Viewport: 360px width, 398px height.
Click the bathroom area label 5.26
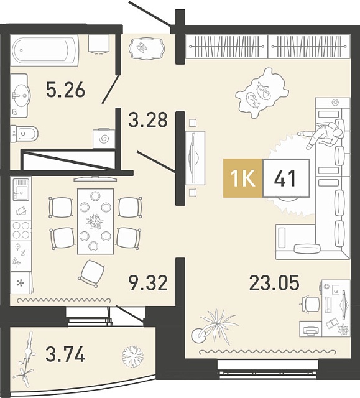65,90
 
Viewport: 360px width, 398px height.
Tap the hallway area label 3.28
148,119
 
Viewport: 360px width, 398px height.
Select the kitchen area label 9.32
148,284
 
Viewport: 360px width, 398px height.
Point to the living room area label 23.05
274,283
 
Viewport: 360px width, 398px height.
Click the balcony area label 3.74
65,355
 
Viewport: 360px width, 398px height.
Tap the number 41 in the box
285,178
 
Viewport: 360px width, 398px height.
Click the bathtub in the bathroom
45,50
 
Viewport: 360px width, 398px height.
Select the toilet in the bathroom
24,132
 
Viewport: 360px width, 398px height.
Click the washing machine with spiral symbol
104,139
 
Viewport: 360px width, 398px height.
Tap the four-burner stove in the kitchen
21,230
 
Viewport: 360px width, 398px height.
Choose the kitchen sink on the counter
21,189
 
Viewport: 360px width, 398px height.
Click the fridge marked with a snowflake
21,283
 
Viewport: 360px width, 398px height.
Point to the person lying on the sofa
321,134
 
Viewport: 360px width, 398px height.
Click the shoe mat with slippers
147,49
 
